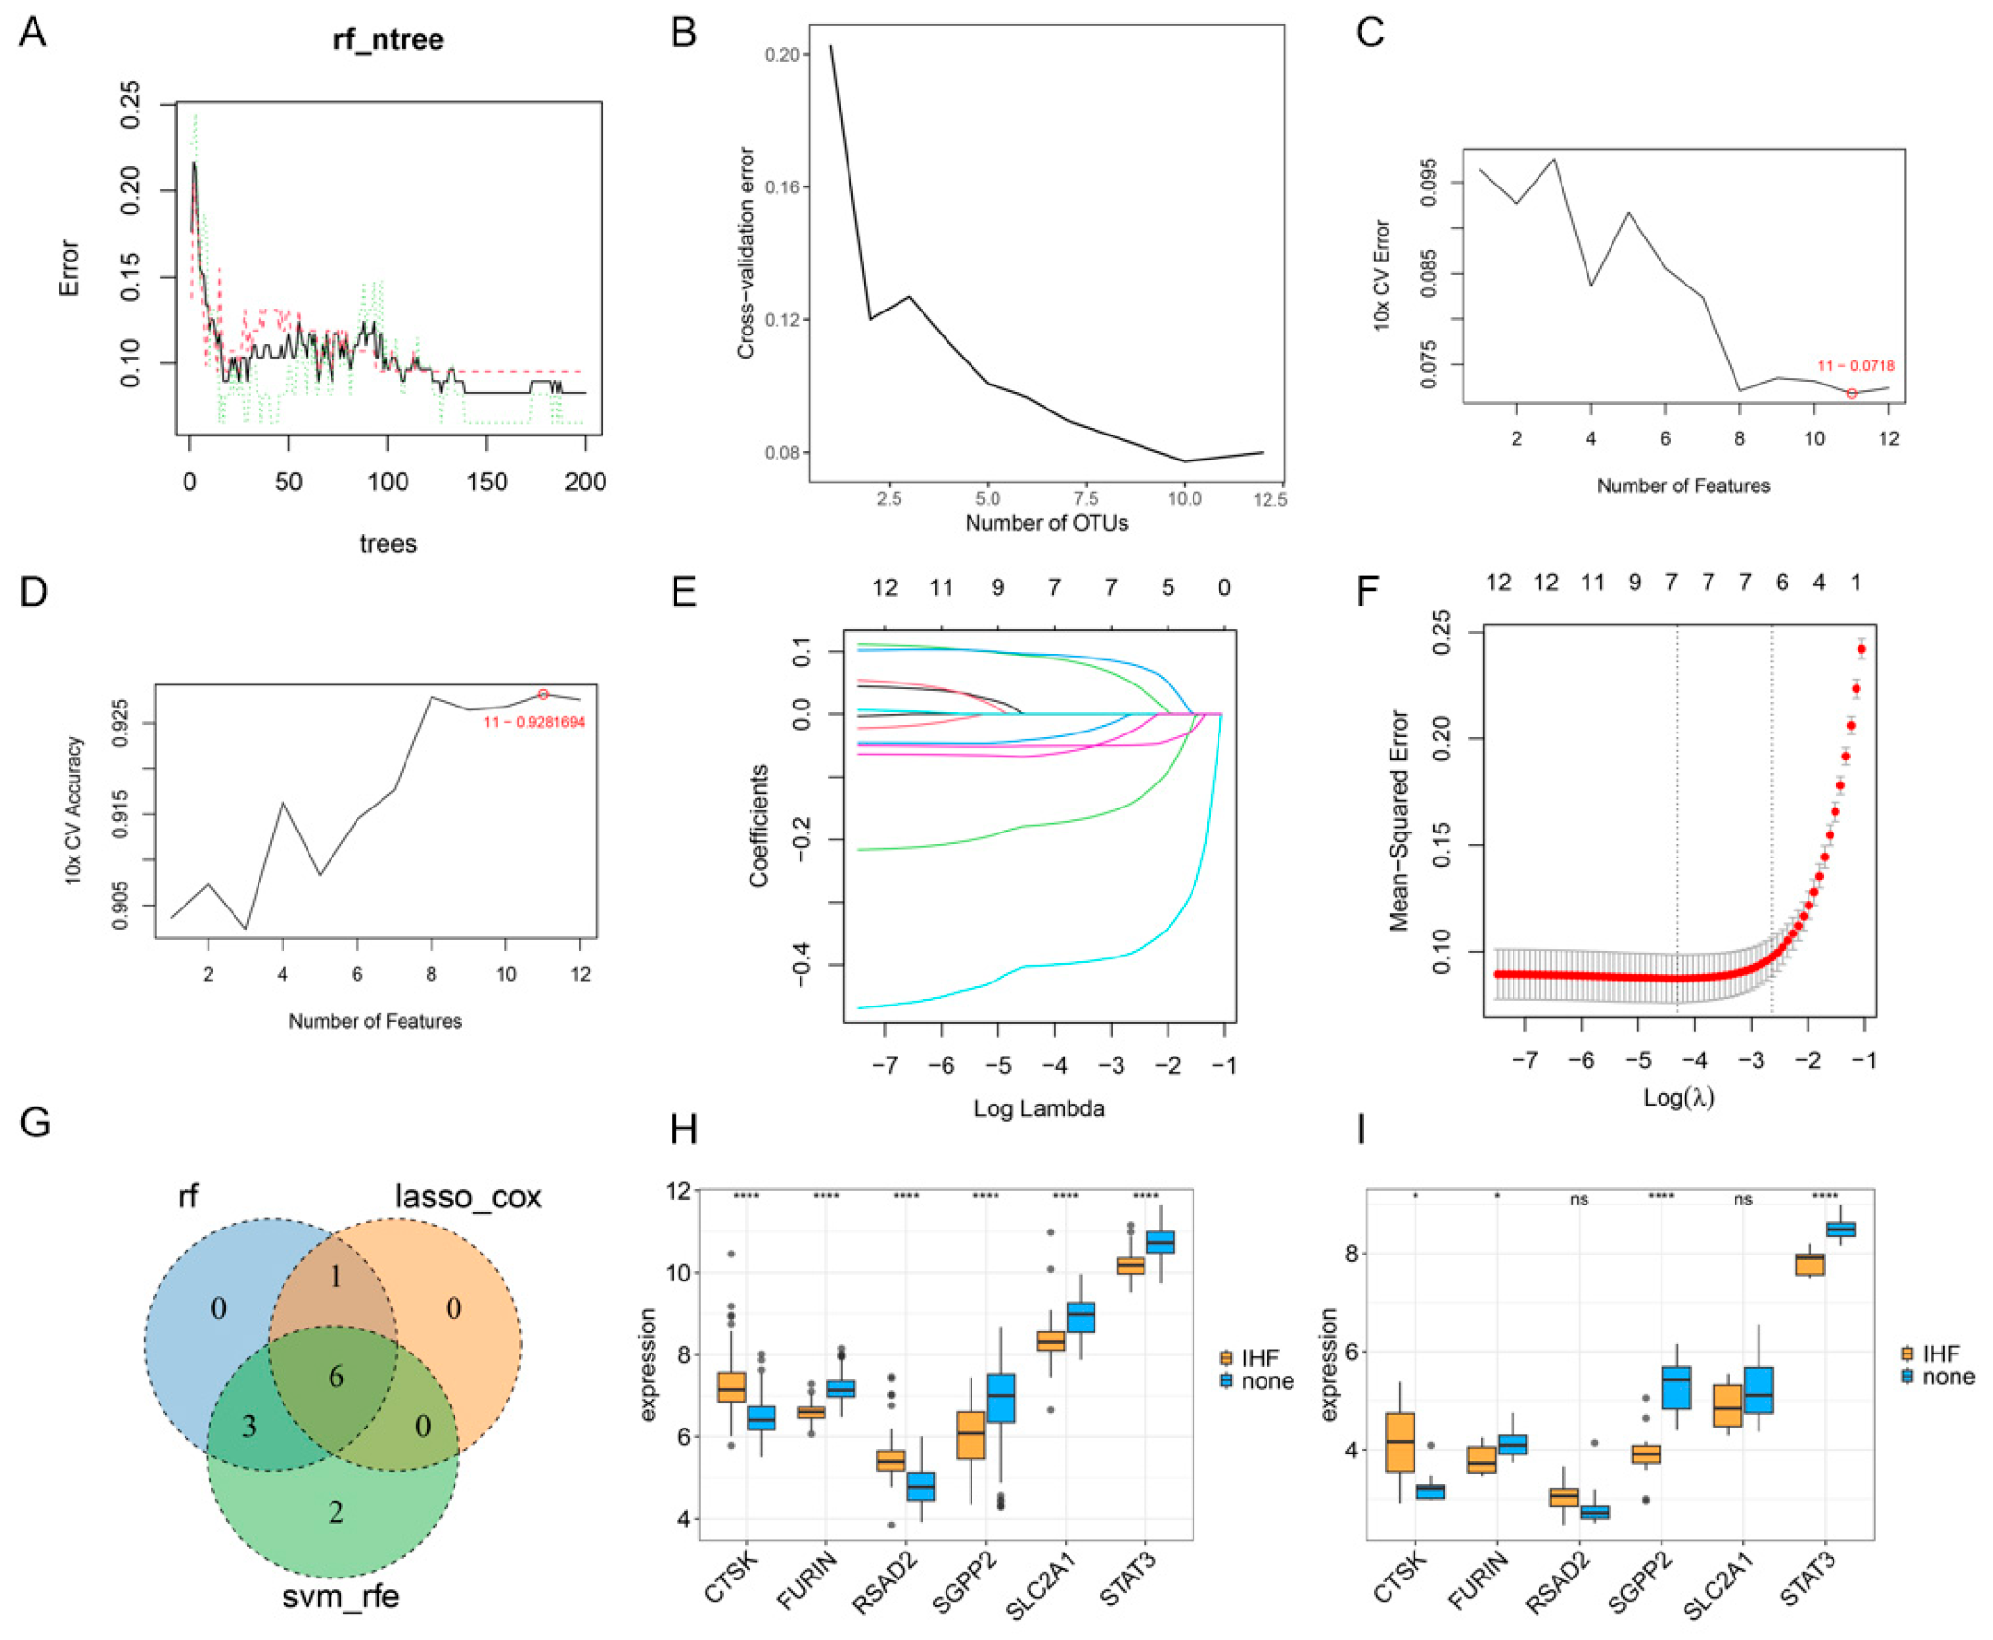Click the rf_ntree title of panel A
click(388, 39)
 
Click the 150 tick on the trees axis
click(486, 482)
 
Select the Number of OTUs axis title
click(1046, 523)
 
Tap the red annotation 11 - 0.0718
click(1855, 366)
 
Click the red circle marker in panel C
click(1851, 394)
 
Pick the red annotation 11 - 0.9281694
click(534, 722)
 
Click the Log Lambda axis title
click(1039, 1108)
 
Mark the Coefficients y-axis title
click(759, 825)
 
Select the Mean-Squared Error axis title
click(1398, 820)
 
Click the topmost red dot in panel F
click(1861, 650)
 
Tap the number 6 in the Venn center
click(335, 1377)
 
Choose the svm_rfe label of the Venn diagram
click(340, 1597)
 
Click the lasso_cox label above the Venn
click(468, 1197)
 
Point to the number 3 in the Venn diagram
click(248, 1426)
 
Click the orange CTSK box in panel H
click(731, 1386)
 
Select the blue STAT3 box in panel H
click(1161, 1241)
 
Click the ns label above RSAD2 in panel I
click(1579, 1200)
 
